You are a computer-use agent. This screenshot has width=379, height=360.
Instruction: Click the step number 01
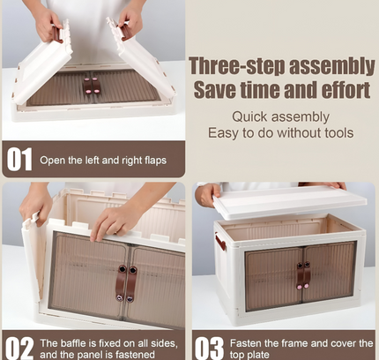pos(19,159)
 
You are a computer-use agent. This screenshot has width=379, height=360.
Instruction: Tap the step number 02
pos(19,348)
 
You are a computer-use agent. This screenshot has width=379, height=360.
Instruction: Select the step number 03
pos(209,348)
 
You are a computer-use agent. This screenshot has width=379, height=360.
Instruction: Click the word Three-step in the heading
pos(237,66)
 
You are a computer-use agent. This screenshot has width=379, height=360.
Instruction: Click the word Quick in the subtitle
pos(249,116)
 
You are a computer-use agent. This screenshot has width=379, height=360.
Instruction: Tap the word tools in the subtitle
pos(338,133)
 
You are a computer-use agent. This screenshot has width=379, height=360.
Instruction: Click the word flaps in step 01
pos(155,161)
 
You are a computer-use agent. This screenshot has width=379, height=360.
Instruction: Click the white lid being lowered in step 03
pos(289,201)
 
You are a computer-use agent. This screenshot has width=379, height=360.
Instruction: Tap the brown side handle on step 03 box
pos(220,242)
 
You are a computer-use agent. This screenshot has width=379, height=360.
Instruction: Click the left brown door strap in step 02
pos(121,283)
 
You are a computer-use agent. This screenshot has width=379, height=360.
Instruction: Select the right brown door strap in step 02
pos(131,284)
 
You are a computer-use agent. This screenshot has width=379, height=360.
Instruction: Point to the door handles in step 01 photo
pos(92,86)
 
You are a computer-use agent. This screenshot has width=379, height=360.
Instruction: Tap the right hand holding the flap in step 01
pos(129,23)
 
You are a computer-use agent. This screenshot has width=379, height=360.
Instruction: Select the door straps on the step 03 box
pos(303,275)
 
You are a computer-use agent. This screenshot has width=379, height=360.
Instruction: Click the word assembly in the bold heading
pos(332,66)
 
